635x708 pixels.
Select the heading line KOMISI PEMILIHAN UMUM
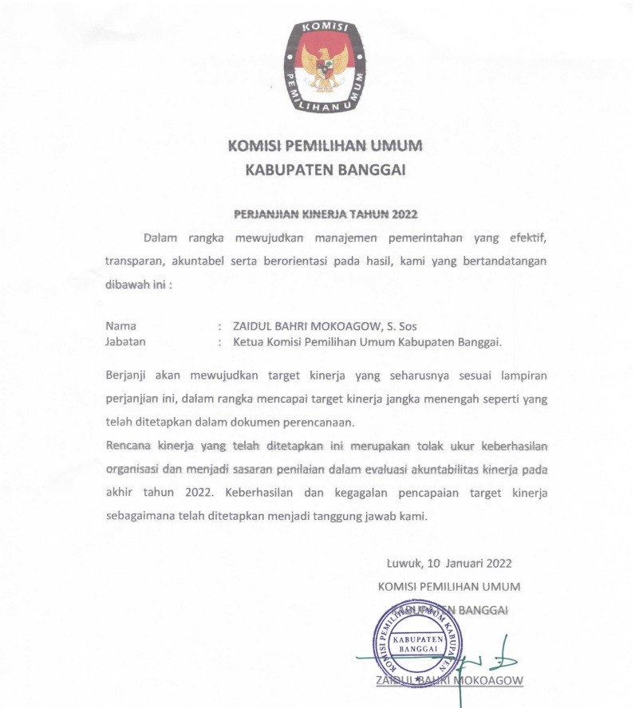[325, 146]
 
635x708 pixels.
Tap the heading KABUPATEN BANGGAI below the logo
[325, 169]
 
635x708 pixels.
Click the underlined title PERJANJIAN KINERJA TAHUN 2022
[325, 214]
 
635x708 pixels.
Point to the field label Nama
[120, 325]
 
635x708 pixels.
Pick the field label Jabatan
[127, 341]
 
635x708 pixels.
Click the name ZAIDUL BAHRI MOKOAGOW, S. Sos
[325, 325]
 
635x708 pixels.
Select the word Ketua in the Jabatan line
[247, 341]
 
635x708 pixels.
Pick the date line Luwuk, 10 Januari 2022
[449, 563]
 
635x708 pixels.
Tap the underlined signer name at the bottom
[449, 680]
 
